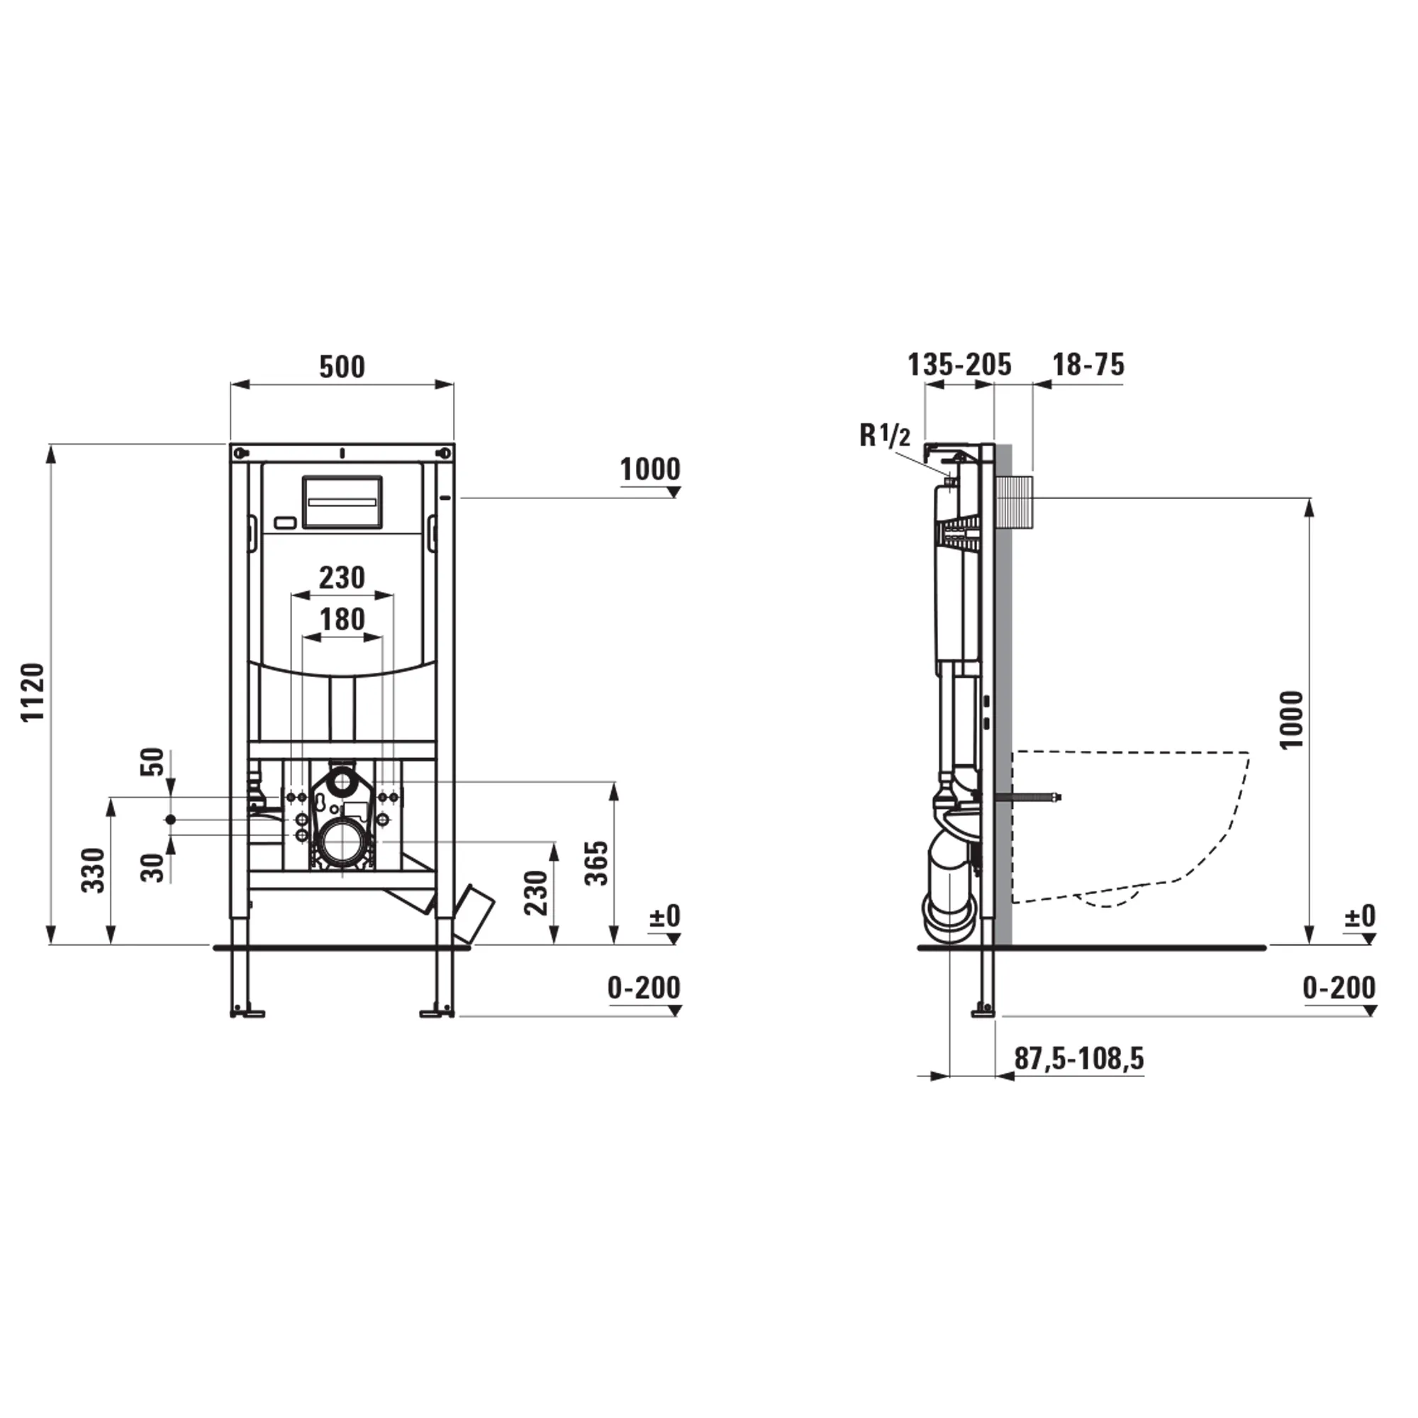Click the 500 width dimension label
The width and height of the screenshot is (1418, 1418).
tap(341, 367)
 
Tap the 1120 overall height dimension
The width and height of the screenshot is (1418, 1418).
tap(34, 692)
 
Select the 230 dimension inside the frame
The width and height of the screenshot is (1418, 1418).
tap(341, 579)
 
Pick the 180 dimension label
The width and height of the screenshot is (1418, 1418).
tap(342, 620)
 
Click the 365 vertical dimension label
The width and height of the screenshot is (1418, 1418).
tap(598, 863)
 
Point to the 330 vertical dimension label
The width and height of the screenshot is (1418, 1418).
tap(93, 870)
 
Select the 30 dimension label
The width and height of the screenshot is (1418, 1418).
tap(152, 868)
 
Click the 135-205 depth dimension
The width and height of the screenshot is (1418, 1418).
tap(959, 364)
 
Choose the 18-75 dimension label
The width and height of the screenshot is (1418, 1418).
tap(1088, 364)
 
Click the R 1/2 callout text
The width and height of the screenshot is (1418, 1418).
tap(884, 436)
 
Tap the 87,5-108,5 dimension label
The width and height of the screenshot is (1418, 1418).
tap(1079, 1059)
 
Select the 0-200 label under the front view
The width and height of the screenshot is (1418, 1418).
tap(644, 988)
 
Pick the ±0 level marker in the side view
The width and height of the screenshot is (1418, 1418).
tap(1359, 917)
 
